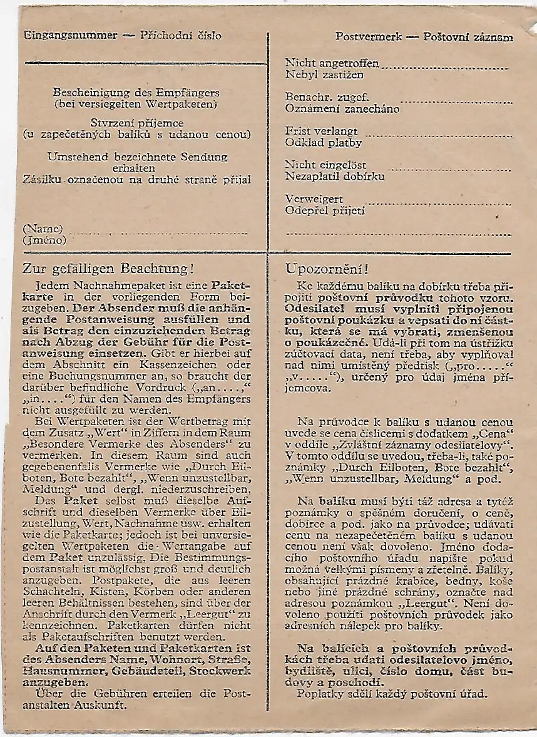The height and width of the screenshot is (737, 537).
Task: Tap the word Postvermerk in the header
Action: (x=368, y=36)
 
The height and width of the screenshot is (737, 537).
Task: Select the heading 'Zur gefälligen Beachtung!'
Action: (x=108, y=269)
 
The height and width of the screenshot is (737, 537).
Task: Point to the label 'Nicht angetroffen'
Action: (x=332, y=64)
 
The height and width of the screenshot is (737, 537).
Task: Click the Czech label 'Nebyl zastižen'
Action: (x=324, y=75)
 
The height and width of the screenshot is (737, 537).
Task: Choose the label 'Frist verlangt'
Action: (x=322, y=131)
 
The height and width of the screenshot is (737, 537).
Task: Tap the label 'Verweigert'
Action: (x=314, y=199)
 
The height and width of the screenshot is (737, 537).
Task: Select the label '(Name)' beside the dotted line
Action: (x=43, y=228)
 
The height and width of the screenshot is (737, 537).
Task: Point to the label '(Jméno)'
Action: (x=45, y=239)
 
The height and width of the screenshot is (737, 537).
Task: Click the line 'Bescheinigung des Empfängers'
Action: (x=136, y=92)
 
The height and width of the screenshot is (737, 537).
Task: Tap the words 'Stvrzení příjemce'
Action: (x=136, y=123)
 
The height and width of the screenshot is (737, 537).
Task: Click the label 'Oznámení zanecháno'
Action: (x=342, y=109)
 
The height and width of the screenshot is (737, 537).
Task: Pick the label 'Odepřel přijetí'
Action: (x=325, y=210)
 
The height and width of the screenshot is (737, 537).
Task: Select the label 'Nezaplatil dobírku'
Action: (x=335, y=177)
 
